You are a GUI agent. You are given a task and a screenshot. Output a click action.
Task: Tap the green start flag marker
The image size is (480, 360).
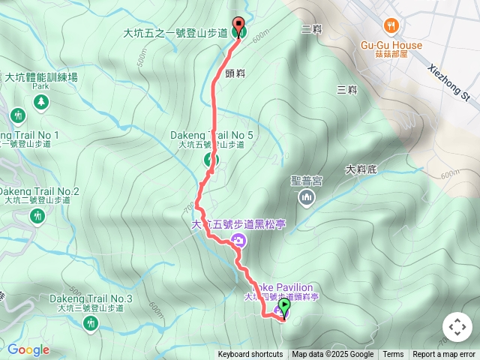[284, 309]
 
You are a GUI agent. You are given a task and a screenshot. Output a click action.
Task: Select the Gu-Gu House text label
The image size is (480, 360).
[391, 45]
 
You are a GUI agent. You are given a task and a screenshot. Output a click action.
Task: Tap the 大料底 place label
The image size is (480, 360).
[361, 170]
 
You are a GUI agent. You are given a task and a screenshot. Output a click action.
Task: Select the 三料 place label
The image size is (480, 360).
[346, 90]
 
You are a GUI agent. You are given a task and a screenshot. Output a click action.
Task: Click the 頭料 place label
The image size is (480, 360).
[235, 73]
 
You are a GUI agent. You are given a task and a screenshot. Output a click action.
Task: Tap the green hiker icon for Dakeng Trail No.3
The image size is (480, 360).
[91, 323]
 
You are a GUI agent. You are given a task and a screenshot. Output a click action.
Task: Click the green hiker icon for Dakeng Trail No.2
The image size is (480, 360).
[37, 216]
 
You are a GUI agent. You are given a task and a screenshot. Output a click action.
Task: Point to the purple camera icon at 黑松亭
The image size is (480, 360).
[239, 240]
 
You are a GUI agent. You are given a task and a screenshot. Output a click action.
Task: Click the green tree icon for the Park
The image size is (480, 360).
[40, 100]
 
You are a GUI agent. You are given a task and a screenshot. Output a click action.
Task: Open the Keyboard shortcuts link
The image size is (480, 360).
[250, 355]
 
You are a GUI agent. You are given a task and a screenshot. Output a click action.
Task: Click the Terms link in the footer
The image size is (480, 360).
[393, 355]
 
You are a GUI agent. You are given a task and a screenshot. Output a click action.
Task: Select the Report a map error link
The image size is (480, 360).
[444, 355]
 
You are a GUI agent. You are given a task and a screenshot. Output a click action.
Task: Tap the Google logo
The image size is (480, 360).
[28, 349]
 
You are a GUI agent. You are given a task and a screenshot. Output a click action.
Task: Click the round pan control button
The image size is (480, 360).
[457, 328]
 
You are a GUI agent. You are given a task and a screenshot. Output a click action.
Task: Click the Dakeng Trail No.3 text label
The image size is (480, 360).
[91, 298]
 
